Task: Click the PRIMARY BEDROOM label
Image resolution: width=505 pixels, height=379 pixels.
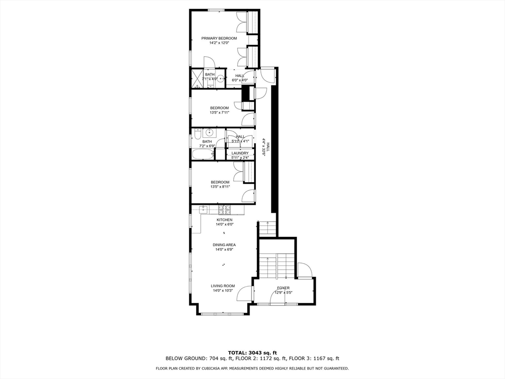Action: coord(219,38)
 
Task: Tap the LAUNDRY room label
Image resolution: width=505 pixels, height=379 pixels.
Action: coord(240,153)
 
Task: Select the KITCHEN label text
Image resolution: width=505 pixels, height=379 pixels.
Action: coord(224,220)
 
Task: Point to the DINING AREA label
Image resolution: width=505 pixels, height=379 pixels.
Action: coord(224,245)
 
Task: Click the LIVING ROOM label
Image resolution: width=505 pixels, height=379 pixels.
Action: coord(223,286)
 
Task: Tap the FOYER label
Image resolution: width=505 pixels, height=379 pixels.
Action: coord(283,288)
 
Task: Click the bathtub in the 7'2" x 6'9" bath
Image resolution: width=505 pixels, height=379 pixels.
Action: coord(203,154)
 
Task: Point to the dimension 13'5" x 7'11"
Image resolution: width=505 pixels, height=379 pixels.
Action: coord(219,113)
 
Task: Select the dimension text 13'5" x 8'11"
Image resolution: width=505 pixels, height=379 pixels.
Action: coord(219,187)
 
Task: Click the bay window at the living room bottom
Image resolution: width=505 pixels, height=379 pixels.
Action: coord(222,313)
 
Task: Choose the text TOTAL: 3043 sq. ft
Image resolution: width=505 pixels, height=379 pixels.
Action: coord(252,352)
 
